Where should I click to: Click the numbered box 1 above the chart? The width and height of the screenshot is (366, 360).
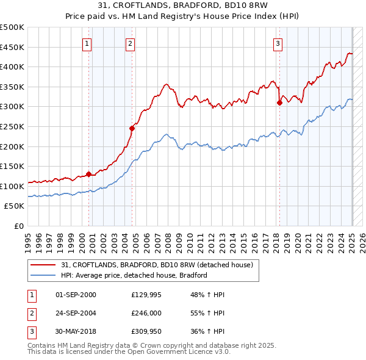pos(88,43)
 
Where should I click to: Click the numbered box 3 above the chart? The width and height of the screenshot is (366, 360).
pos(278,43)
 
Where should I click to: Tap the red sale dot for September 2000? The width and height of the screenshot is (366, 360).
pos(88,174)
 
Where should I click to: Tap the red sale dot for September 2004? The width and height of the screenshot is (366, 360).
pos(132,128)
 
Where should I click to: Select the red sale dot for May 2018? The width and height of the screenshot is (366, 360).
pos(279,103)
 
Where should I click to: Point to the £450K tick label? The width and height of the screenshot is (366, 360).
pos(12,47)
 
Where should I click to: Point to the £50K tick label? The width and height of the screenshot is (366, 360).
pos(15,206)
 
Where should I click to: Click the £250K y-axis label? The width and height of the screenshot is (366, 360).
pos(12,126)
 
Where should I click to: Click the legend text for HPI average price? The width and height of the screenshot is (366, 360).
pos(134,275)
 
